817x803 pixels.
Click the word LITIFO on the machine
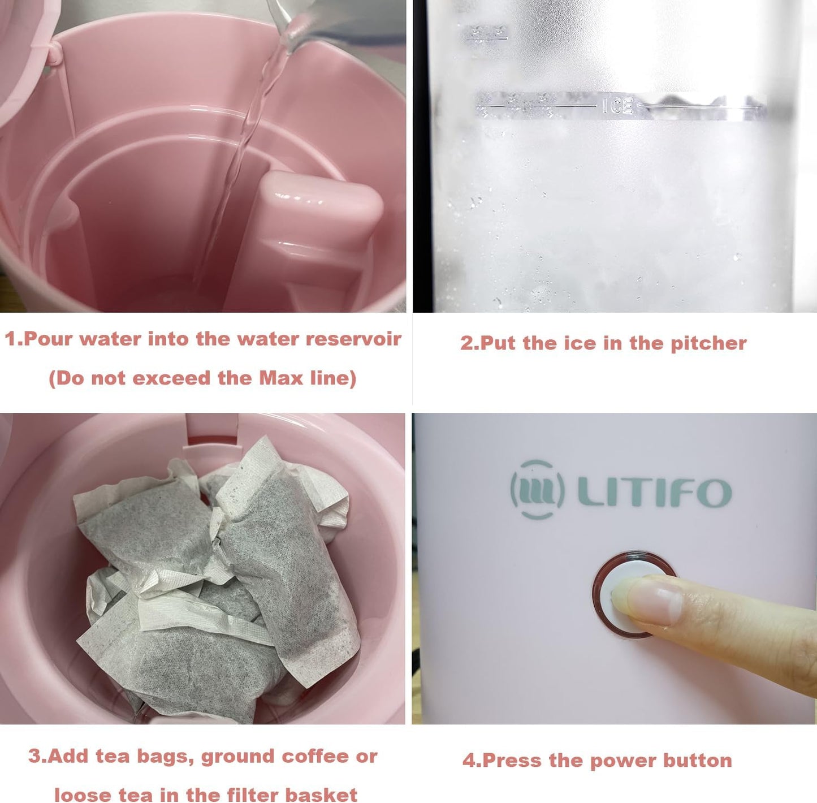[x=654, y=492]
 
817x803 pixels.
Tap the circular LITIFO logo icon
[x=537, y=490]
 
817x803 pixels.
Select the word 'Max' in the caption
[x=281, y=378]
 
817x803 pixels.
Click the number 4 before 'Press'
[x=469, y=760]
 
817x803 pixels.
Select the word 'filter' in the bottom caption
[x=253, y=795]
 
